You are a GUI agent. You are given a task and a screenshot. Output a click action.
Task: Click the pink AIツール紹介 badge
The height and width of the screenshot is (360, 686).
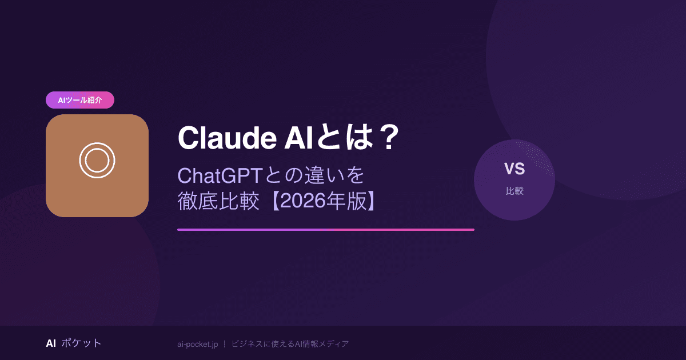point(80,100)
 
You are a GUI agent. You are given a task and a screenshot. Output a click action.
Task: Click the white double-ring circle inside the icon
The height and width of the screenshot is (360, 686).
point(97,161)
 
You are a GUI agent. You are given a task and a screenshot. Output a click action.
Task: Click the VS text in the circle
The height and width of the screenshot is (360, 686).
point(514,169)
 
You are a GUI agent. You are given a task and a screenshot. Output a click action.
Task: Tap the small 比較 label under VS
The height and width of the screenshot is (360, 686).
point(514,191)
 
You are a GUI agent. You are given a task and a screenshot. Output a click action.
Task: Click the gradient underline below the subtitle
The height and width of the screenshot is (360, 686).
point(326,230)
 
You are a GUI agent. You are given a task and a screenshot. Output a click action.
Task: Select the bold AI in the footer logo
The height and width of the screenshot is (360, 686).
point(51,343)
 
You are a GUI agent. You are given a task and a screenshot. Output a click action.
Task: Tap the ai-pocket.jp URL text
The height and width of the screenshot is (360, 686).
point(197,344)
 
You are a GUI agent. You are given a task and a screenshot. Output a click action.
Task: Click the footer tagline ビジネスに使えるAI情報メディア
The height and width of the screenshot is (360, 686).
point(290,344)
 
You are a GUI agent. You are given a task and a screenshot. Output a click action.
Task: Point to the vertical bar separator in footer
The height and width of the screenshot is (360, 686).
point(224,344)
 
